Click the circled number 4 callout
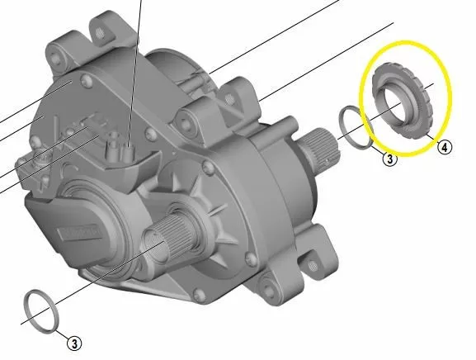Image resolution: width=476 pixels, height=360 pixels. (x=445, y=148)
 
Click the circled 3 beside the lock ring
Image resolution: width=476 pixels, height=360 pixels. (x=389, y=159)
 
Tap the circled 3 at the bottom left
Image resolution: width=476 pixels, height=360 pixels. (x=75, y=343)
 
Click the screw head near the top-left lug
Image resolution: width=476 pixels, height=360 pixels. (x=86, y=79)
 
